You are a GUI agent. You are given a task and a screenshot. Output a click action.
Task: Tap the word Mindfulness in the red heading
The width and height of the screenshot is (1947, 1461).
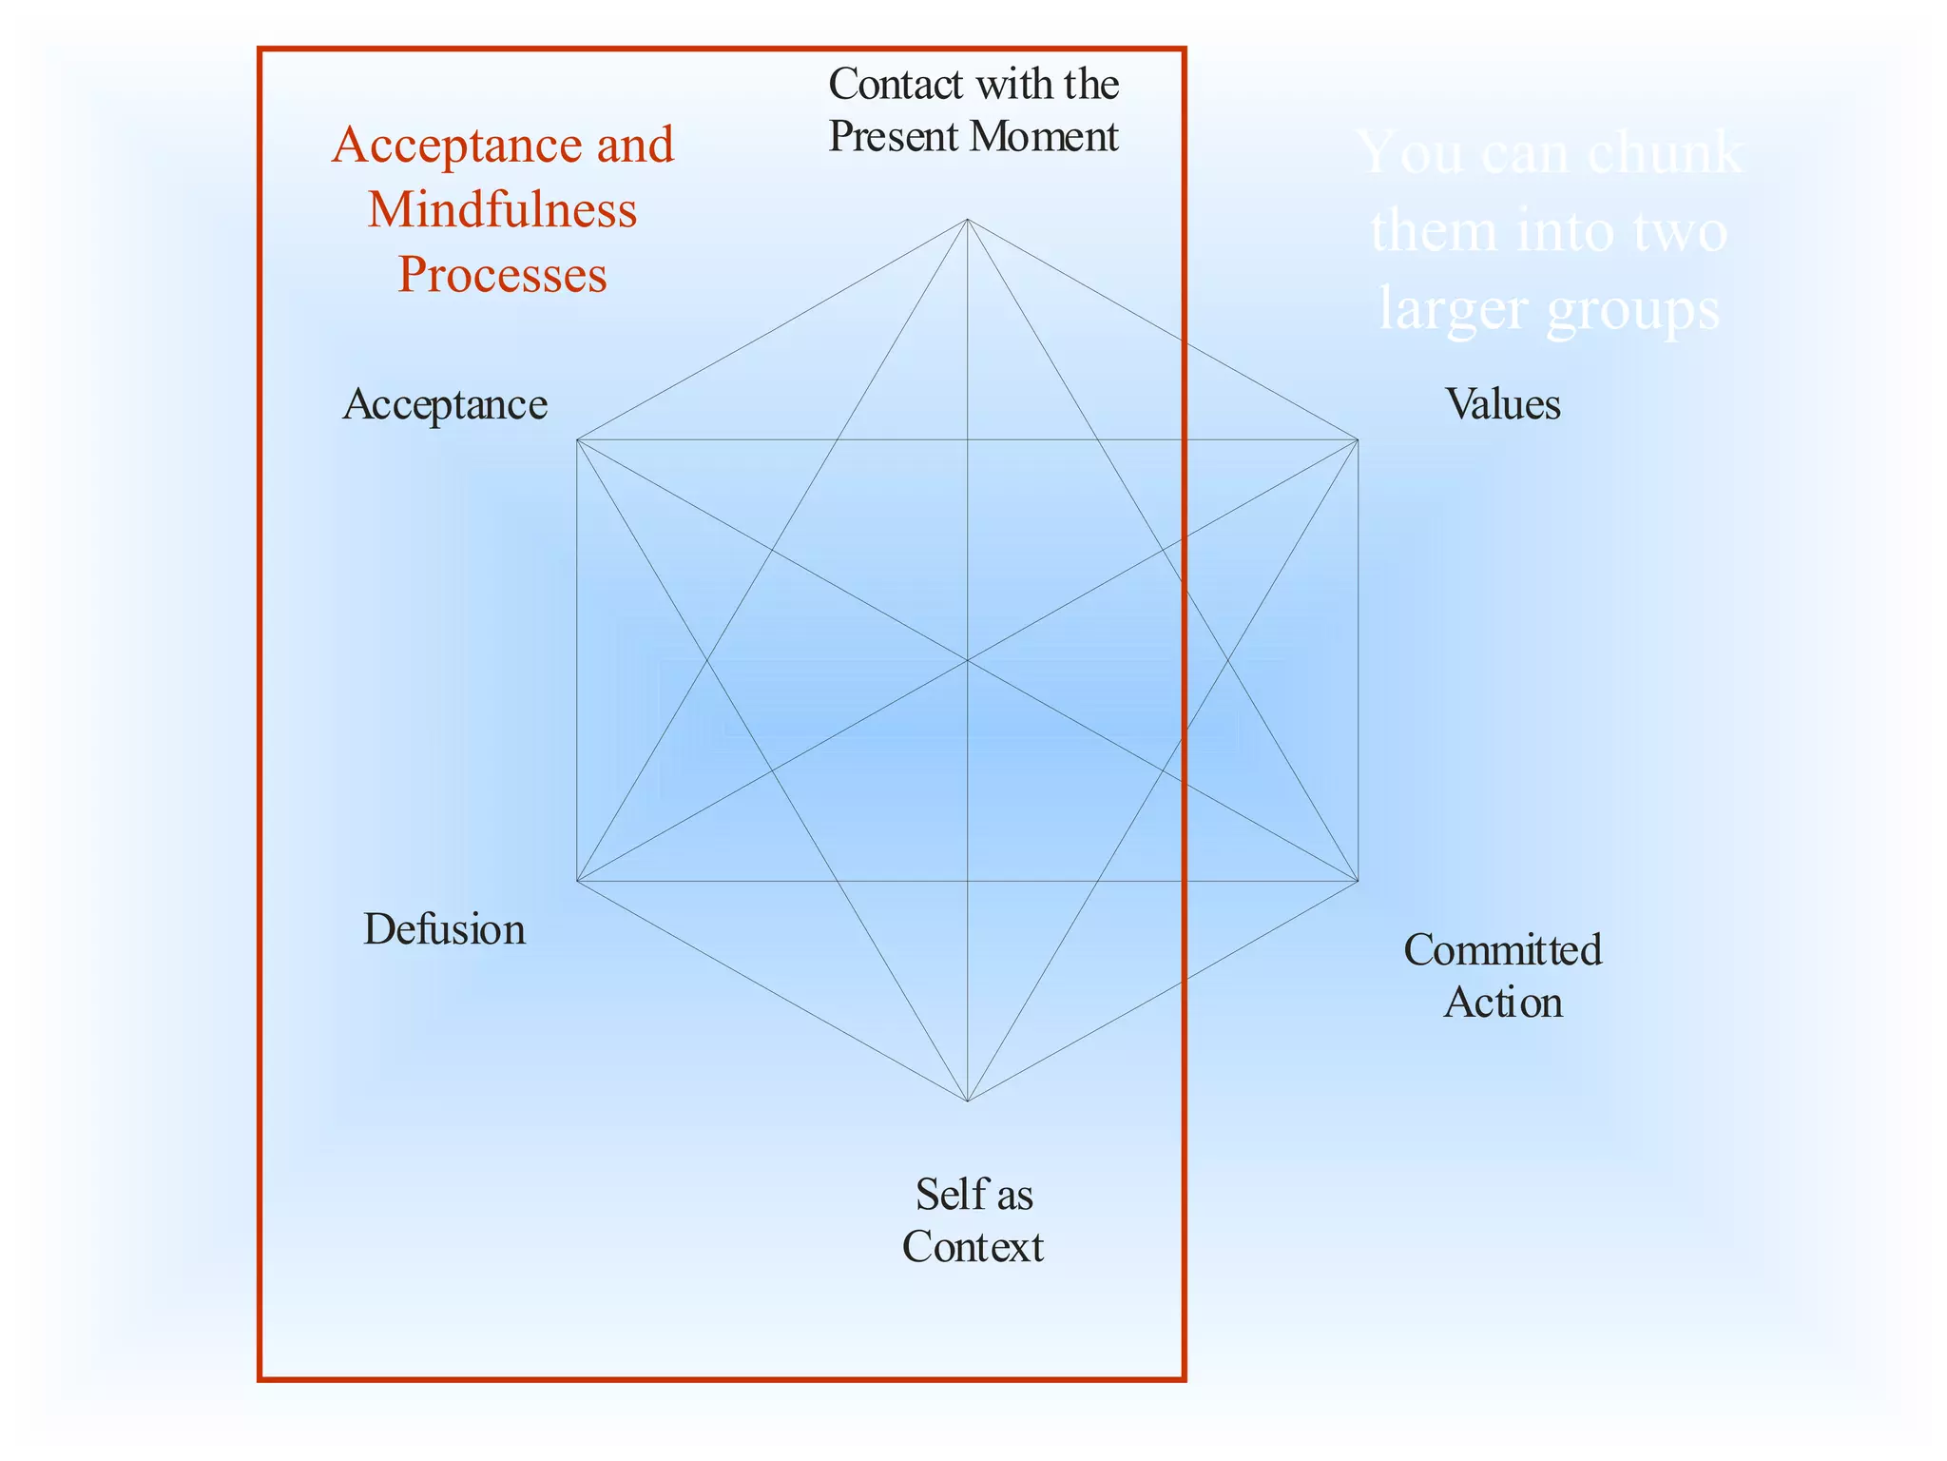point(502,210)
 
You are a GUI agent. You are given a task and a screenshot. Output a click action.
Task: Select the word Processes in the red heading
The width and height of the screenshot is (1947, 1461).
point(502,275)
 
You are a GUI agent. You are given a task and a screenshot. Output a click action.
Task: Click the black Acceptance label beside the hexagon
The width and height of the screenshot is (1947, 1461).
point(445,404)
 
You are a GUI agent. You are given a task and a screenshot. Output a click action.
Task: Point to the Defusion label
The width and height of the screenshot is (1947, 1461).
point(444,929)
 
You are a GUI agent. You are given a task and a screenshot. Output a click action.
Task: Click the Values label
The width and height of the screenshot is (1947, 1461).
point(1502,404)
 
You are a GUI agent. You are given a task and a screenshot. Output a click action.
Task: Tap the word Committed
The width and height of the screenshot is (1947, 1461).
point(1502,950)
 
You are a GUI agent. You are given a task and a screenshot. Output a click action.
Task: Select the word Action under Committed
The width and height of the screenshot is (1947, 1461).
point(1502,1003)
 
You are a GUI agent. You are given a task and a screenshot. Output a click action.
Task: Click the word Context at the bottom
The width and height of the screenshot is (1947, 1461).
point(973,1247)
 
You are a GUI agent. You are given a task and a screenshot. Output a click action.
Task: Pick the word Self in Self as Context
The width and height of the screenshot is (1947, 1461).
point(945,1195)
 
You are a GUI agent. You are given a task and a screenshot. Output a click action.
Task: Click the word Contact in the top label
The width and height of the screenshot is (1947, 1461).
point(896,85)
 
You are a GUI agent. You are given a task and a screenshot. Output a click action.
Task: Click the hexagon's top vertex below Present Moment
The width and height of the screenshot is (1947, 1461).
point(967,220)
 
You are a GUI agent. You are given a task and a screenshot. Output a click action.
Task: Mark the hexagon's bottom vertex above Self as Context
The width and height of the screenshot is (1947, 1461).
point(967,1101)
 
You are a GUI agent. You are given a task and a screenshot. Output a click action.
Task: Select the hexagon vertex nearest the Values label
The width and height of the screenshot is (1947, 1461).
point(1358,439)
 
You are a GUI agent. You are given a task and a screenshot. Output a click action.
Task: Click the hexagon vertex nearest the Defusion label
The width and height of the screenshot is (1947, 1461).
point(577,881)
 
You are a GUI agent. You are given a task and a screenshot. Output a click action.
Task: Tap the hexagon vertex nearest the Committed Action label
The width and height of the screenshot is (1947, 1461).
point(1358,881)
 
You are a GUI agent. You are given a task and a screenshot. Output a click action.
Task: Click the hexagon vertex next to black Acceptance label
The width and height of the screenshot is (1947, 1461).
point(577,439)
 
